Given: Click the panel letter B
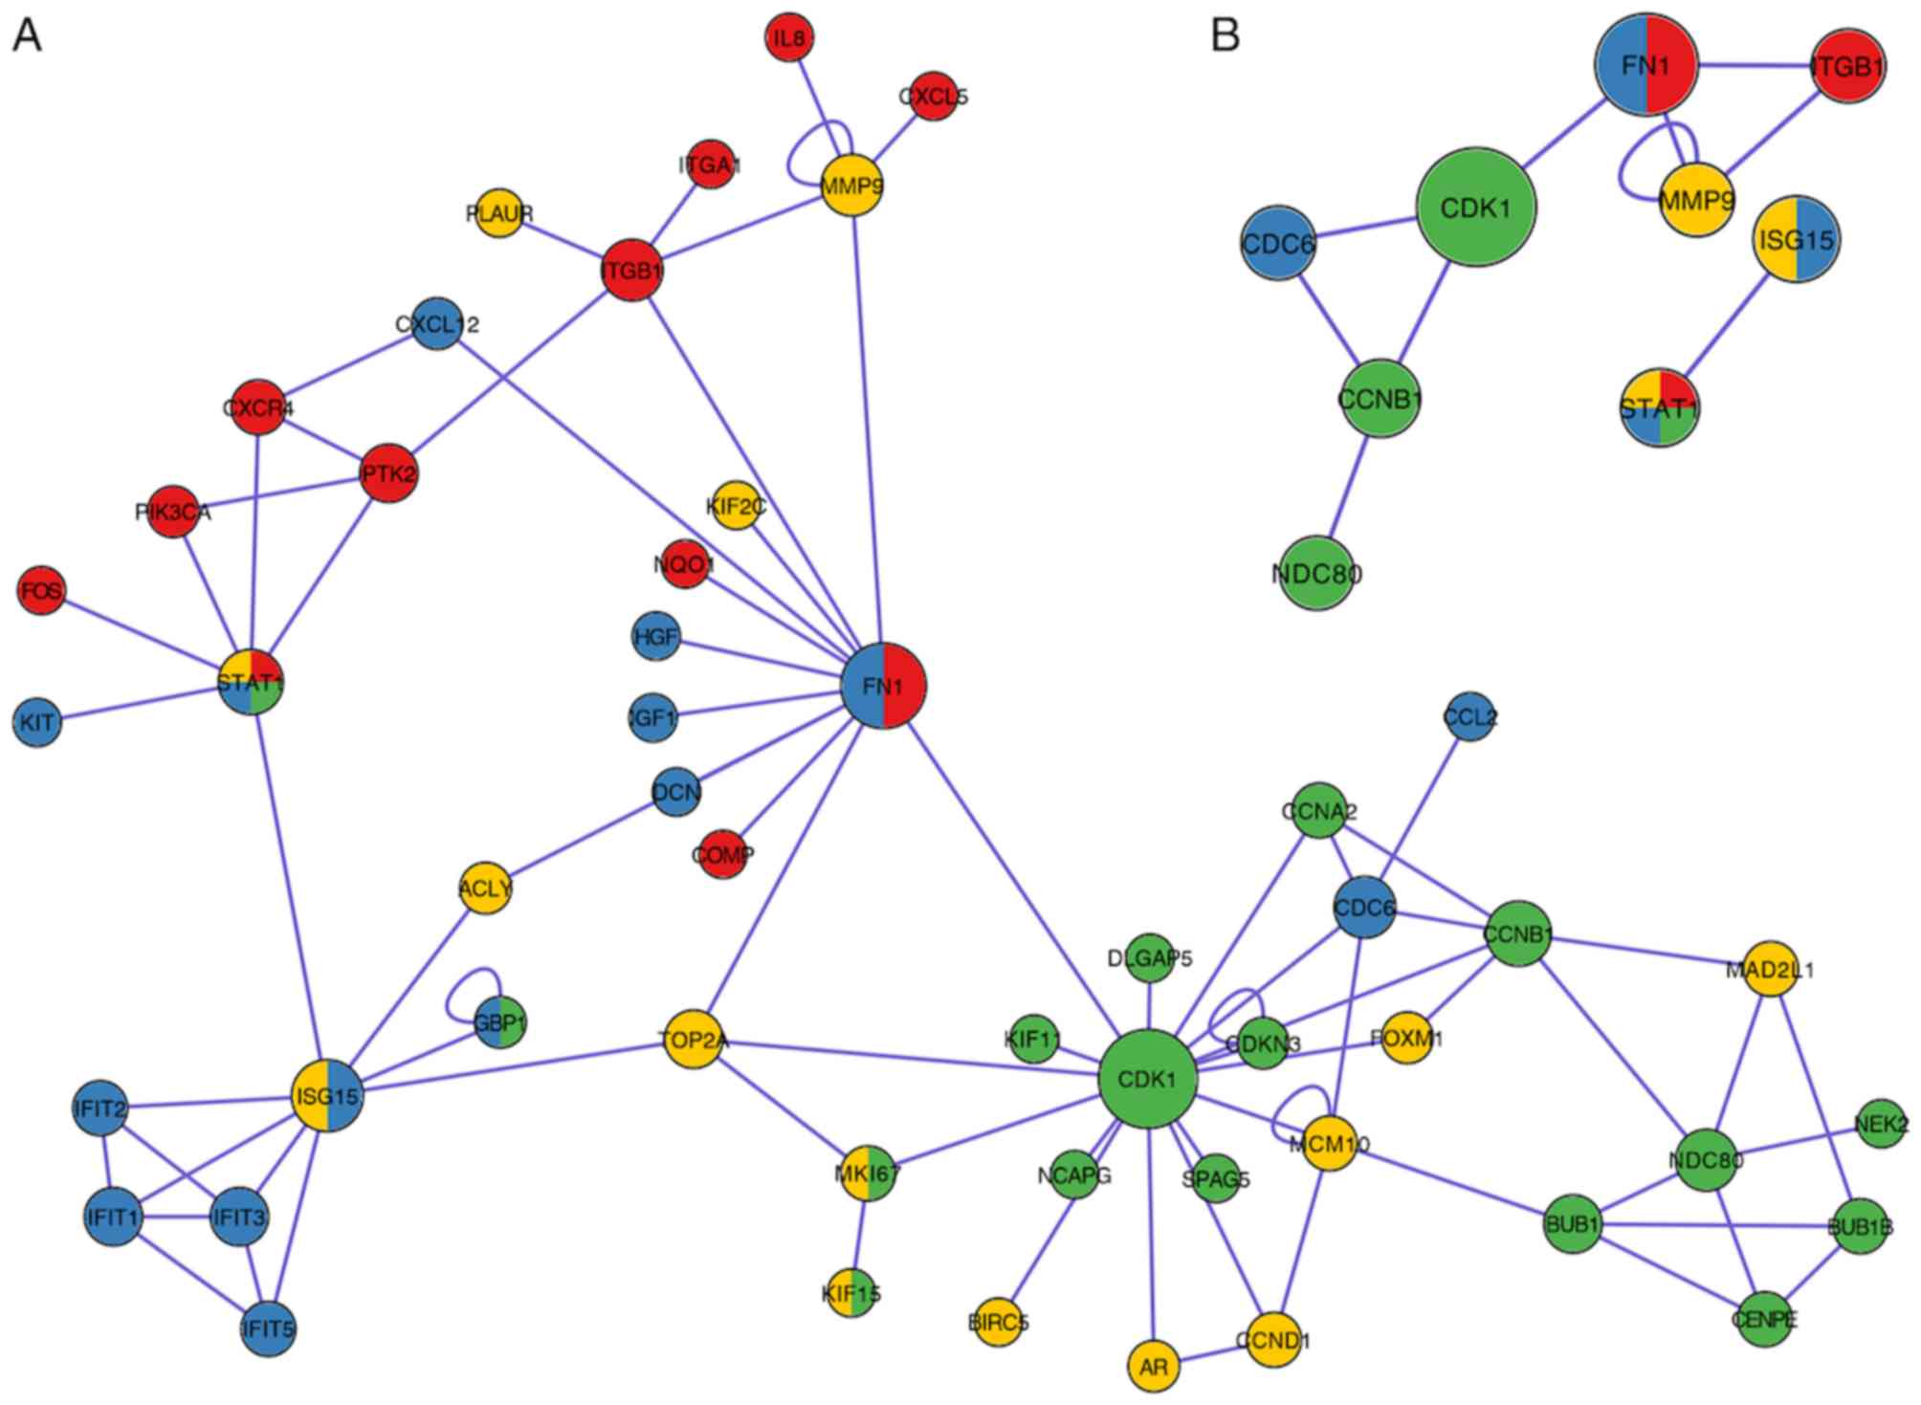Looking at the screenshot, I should pos(1225,35).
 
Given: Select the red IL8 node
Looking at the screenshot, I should pos(789,38).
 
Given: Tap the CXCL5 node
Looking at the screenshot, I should pos(933,96).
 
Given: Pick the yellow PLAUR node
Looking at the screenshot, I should pos(499,213).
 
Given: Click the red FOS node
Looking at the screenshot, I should pos(41,591).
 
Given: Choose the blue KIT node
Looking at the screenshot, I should pos(37,722).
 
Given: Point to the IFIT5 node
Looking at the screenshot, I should pos(268,1328).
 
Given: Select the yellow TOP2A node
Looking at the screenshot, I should pos(694,1039).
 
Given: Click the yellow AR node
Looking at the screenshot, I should pos(1153,1366).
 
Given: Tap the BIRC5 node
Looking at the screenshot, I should pos(998,1323).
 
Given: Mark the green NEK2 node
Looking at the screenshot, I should pos(1881,1124).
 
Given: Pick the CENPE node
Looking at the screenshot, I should pos(1764,1320).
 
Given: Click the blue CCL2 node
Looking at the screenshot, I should pos(1469,716).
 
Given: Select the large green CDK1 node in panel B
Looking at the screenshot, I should pos(1475,208).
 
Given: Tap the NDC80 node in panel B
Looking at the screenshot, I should pos(1317,573).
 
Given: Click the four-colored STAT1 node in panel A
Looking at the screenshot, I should pos(251,682).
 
